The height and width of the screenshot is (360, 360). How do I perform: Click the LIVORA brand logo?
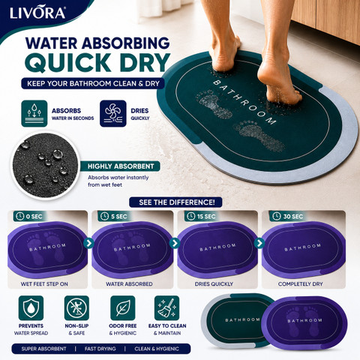point(37,13)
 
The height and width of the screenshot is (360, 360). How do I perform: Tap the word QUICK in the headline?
point(68,62)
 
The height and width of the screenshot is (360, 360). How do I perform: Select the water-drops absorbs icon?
point(34,113)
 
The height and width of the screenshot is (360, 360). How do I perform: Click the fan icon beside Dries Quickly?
point(113,113)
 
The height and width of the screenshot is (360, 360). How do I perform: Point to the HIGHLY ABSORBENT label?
point(121,166)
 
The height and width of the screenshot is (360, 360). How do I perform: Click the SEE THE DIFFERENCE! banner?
point(175,202)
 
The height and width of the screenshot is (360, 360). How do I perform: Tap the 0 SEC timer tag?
point(29,216)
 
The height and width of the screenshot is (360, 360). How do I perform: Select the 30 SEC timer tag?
point(287,216)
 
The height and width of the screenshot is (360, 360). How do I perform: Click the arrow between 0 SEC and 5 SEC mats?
point(88,243)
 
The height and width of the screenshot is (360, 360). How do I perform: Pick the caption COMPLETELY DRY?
point(301,284)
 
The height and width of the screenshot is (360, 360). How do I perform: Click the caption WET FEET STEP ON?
point(44,284)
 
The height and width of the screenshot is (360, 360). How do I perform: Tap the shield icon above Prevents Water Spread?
point(31,308)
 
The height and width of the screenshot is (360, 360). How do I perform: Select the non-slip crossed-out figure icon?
point(76,308)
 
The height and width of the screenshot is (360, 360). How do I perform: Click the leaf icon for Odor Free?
point(123,308)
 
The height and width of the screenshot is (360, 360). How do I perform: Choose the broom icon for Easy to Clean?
point(166,308)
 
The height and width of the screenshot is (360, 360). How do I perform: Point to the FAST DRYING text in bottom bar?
point(100,349)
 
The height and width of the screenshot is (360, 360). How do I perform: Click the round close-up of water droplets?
point(46,166)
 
